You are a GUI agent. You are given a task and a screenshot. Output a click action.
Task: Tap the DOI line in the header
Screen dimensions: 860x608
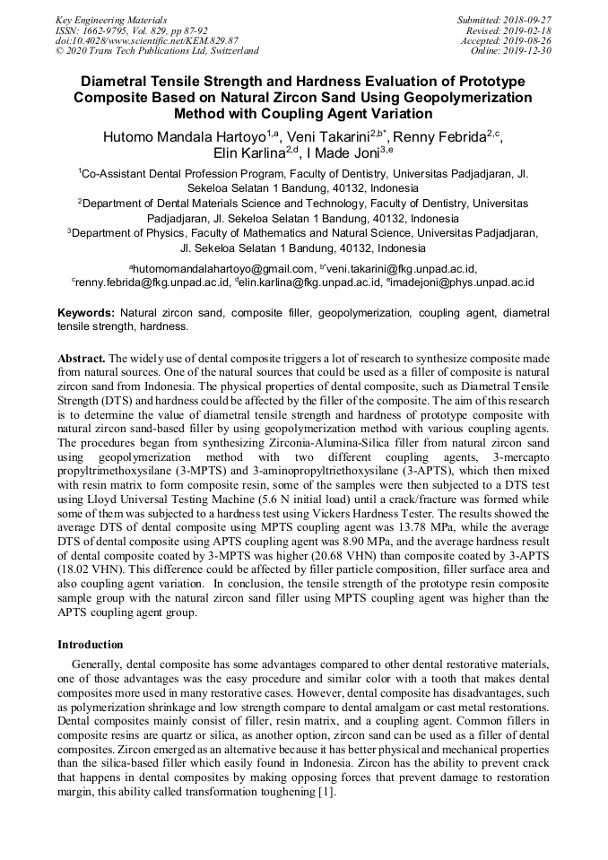(147, 40)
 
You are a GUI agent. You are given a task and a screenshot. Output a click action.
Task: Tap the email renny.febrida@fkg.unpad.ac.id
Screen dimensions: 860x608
(151, 282)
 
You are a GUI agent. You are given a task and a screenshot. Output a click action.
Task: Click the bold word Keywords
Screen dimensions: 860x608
(85, 313)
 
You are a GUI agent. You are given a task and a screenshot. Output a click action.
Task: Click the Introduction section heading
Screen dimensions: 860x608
(91, 645)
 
